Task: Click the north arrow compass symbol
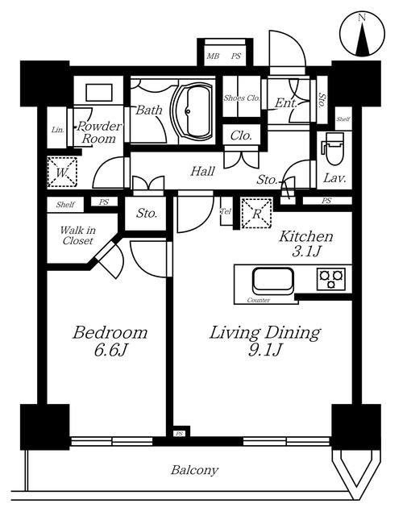pos(362,34)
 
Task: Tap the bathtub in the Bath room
pos(192,111)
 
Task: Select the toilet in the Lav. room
pos(335,148)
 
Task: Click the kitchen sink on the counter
pos(272,281)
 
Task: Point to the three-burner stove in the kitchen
pos(331,279)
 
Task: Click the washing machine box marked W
pos(62,172)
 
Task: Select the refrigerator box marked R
pos(256,213)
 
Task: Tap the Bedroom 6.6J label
pos(110,341)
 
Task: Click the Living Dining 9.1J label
pos(265,341)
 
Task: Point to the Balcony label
pos(194,470)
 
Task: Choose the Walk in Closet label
pos(77,235)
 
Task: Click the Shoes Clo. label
pos(242,98)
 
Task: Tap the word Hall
pos(202,171)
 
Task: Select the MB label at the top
pos(213,56)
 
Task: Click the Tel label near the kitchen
pos(226,211)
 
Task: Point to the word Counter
pos(258,300)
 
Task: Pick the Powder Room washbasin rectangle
pos(99,93)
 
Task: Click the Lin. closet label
pos(57,130)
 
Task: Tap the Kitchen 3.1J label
pos(306,243)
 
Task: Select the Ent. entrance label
pos(285,103)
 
